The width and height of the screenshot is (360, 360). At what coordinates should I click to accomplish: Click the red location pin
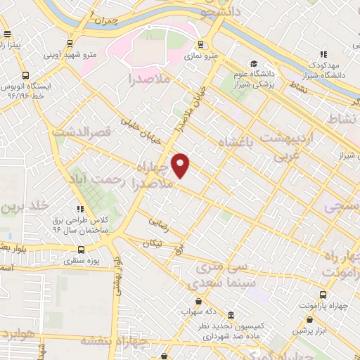tap(181, 165)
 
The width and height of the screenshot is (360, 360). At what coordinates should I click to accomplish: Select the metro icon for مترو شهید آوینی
tap(69, 43)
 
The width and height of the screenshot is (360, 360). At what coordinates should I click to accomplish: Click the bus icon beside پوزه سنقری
tap(82, 250)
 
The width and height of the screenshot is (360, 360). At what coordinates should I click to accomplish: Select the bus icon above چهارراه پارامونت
tap(323, 295)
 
